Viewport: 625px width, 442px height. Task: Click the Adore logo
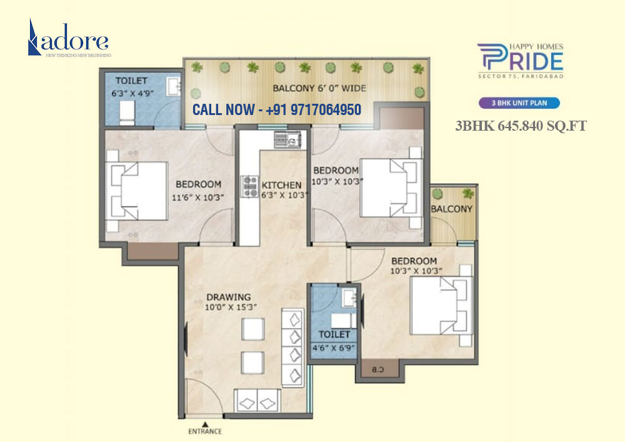pos(69,39)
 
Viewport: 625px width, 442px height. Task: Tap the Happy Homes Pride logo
pos(520,61)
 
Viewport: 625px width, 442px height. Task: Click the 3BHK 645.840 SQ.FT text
pos(521,126)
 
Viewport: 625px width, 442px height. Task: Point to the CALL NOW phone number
pos(276,110)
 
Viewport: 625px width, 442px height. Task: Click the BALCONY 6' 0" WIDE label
pos(319,88)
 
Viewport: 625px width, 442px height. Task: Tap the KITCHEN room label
pos(281,185)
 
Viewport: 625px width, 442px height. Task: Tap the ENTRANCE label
pos(205,431)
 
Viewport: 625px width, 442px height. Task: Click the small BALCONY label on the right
pos(451,209)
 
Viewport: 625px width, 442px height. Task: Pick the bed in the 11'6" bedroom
pos(137,191)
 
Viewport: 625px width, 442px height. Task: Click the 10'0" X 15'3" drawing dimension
pos(231,307)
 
